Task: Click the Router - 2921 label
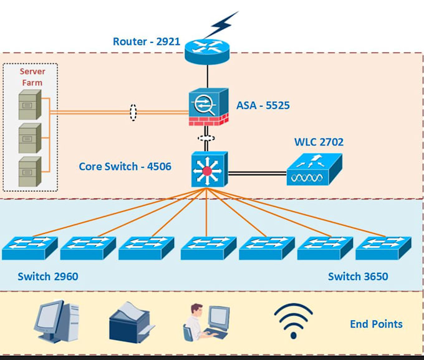coord(146,42)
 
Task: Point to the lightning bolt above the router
coord(221,25)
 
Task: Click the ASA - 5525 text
coord(263,105)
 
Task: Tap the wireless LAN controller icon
coord(314,170)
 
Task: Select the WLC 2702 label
coord(319,142)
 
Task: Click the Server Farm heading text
coord(32,77)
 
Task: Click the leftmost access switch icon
coord(29,248)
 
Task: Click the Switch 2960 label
coord(48,276)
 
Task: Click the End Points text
coord(376,324)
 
